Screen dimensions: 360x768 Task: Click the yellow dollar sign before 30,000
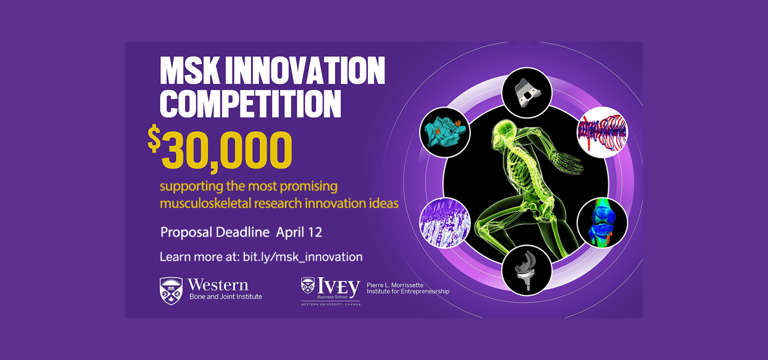[x=154, y=138]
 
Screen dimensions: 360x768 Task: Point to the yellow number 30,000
[x=227, y=151]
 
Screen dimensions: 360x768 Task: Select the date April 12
[x=299, y=232]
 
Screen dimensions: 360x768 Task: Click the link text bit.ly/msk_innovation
[x=302, y=257]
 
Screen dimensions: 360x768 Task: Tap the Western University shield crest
[x=171, y=291]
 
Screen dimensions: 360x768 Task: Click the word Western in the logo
[x=218, y=285]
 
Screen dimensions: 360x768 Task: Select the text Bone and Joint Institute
[x=226, y=297]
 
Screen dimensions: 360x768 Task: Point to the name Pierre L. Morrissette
[x=395, y=285]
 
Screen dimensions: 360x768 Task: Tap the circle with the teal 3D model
[x=445, y=132]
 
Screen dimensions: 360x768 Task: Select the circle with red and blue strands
[x=602, y=132]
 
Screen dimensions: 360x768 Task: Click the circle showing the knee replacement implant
[x=527, y=270]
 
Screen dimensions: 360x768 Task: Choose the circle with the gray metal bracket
[x=527, y=93]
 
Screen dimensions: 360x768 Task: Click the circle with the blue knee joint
[x=602, y=223]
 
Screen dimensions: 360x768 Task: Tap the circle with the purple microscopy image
[x=445, y=223]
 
